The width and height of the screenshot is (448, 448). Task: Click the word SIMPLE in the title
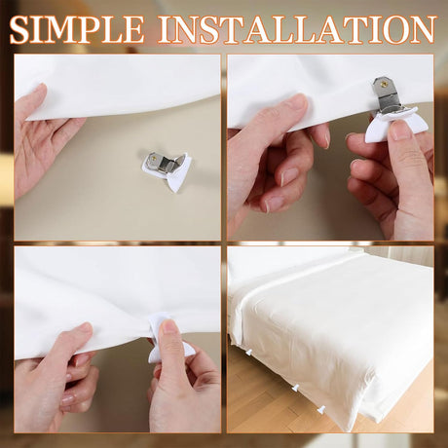[x=77, y=29]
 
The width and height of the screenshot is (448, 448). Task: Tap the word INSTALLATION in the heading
[x=296, y=29]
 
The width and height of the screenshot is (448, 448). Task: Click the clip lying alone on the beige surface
[x=167, y=168]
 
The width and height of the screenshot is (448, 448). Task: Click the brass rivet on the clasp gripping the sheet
[x=384, y=83]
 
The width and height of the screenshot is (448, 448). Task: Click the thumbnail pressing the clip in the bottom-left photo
[x=168, y=326]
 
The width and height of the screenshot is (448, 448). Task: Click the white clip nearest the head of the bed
[x=249, y=352]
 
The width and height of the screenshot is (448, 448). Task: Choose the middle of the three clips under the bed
[x=295, y=387]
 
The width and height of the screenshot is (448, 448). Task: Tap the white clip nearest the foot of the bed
[x=321, y=410]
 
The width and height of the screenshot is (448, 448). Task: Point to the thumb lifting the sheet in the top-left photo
[x=36, y=100]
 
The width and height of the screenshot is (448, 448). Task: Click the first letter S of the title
[x=19, y=29]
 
